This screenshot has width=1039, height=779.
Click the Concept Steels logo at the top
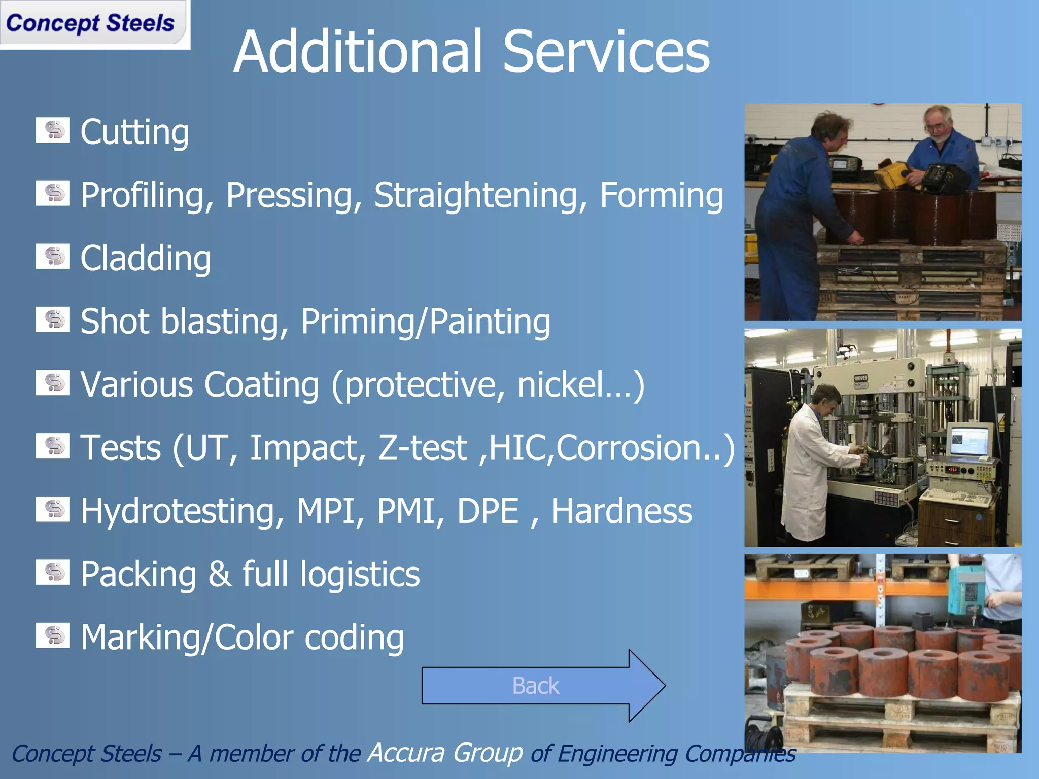click(91, 24)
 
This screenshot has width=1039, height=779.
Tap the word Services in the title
click(606, 52)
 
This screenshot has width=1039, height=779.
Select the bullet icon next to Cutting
click(52, 131)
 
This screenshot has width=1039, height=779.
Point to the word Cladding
click(146, 259)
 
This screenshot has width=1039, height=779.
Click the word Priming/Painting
click(425, 322)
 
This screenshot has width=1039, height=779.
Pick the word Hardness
click(621, 511)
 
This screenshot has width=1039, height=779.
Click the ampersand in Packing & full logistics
click(219, 574)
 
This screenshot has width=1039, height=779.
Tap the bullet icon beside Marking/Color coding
click(52, 636)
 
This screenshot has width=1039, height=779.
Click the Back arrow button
click(543, 686)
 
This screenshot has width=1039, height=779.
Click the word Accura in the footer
click(406, 753)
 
